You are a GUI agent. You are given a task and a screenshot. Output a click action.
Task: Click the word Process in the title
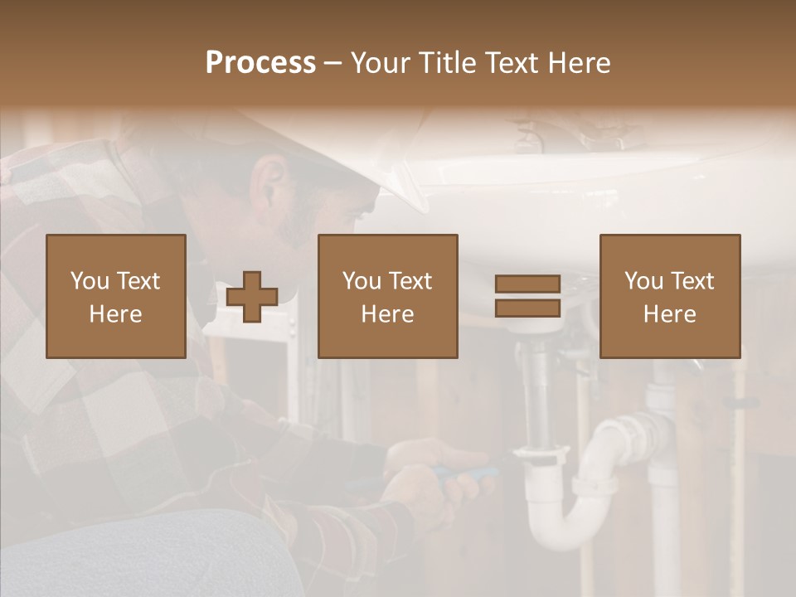260,63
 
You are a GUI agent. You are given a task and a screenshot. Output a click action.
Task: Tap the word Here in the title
580,63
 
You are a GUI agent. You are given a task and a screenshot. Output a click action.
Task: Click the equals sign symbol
527,296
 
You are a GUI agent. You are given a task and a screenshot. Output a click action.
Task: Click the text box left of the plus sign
116,296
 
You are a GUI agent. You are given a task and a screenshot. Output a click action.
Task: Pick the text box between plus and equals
388,296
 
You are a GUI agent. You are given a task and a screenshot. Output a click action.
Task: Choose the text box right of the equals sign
670,296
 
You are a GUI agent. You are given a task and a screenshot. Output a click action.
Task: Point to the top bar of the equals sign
527,284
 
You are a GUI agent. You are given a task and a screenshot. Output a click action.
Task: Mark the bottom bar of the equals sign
527,308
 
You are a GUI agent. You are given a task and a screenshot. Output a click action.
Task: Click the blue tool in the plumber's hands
464,474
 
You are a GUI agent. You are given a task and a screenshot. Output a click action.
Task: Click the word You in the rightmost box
643,281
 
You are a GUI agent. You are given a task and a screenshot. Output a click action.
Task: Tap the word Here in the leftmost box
116,314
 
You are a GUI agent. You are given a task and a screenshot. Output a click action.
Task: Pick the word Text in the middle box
411,281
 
